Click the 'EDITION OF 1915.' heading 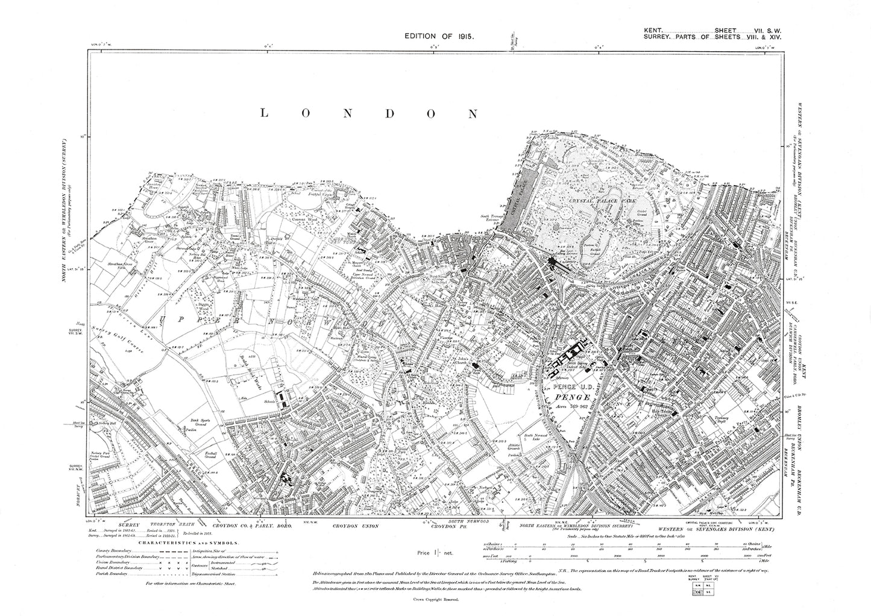coord(440,36)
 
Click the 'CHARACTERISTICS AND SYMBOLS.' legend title coord(188,542)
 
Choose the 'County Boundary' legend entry coord(110,552)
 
